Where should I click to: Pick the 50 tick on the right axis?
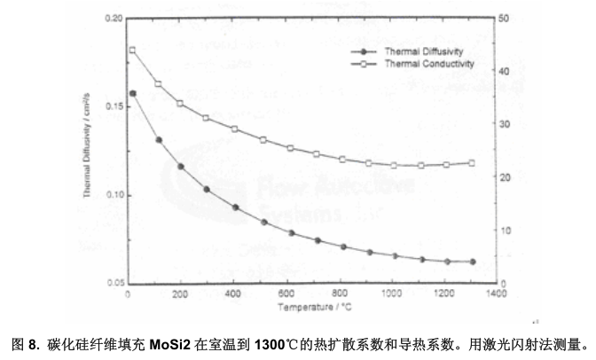pyautogui.click(x=505, y=18)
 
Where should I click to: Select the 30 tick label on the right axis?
pyautogui.click(x=505, y=124)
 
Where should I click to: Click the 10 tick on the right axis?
pyautogui.click(x=505, y=231)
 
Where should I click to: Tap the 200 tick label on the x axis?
pyautogui.click(x=180, y=293)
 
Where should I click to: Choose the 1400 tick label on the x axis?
pyautogui.click(x=495, y=293)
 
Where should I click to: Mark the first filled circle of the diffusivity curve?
pyautogui.click(x=133, y=93)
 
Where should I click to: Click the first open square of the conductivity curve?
pyautogui.click(x=132, y=50)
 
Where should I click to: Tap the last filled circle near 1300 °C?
pyautogui.click(x=472, y=262)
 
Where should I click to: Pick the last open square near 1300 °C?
pyautogui.click(x=472, y=163)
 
